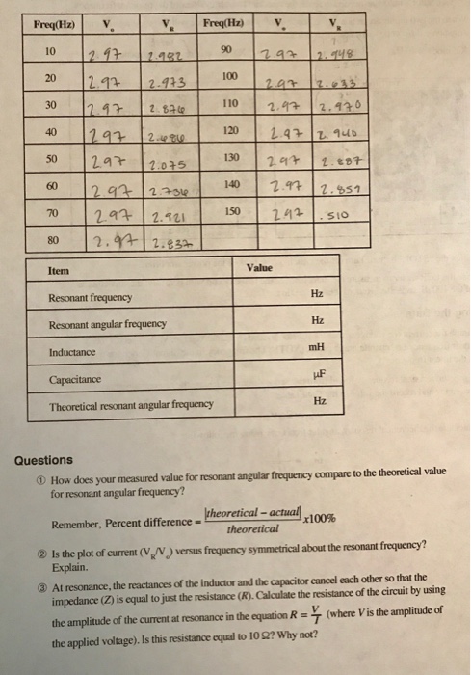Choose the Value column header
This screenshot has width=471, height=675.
pos(260,266)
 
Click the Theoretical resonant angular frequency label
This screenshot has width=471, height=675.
pos(131,406)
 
